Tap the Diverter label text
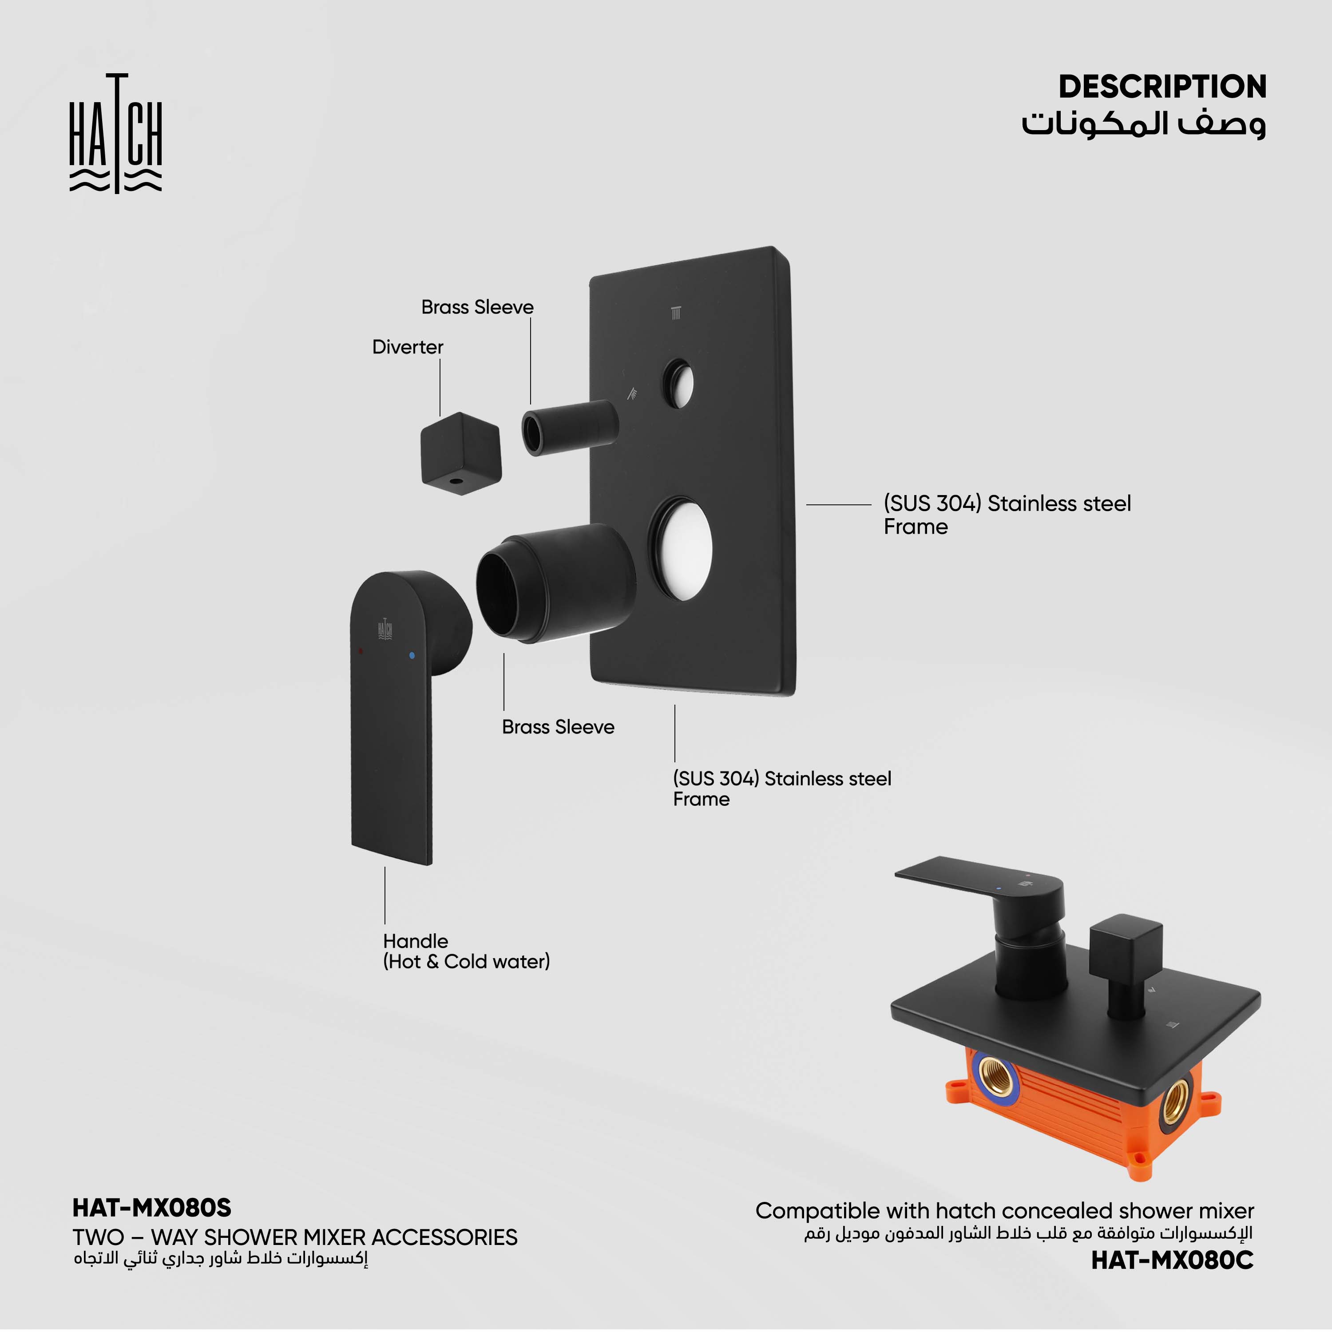coord(408,347)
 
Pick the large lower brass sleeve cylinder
coord(555,583)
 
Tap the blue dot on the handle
coord(412,655)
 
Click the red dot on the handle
coord(361,650)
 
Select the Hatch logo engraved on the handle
coord(385,628)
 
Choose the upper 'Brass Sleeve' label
coord(477,307)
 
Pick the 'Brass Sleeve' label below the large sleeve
coord(558,727)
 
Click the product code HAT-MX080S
coord(152,1207)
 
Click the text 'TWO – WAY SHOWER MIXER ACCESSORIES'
coord(295,1237)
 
